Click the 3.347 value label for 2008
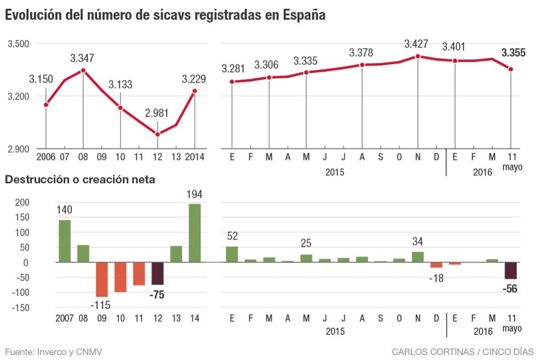point(83,58)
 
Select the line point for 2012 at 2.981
point(157,134)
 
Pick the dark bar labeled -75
point(157,273)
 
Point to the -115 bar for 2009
point(101,279)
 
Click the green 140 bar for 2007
point(64,241)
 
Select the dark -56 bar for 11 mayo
point(511,271)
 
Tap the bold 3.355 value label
point(513,53)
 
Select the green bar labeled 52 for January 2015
point(232,254)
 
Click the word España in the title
point(304,16)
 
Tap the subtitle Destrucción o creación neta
point(80,179)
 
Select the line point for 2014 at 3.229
point(195,91)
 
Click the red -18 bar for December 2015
point(436,265)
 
